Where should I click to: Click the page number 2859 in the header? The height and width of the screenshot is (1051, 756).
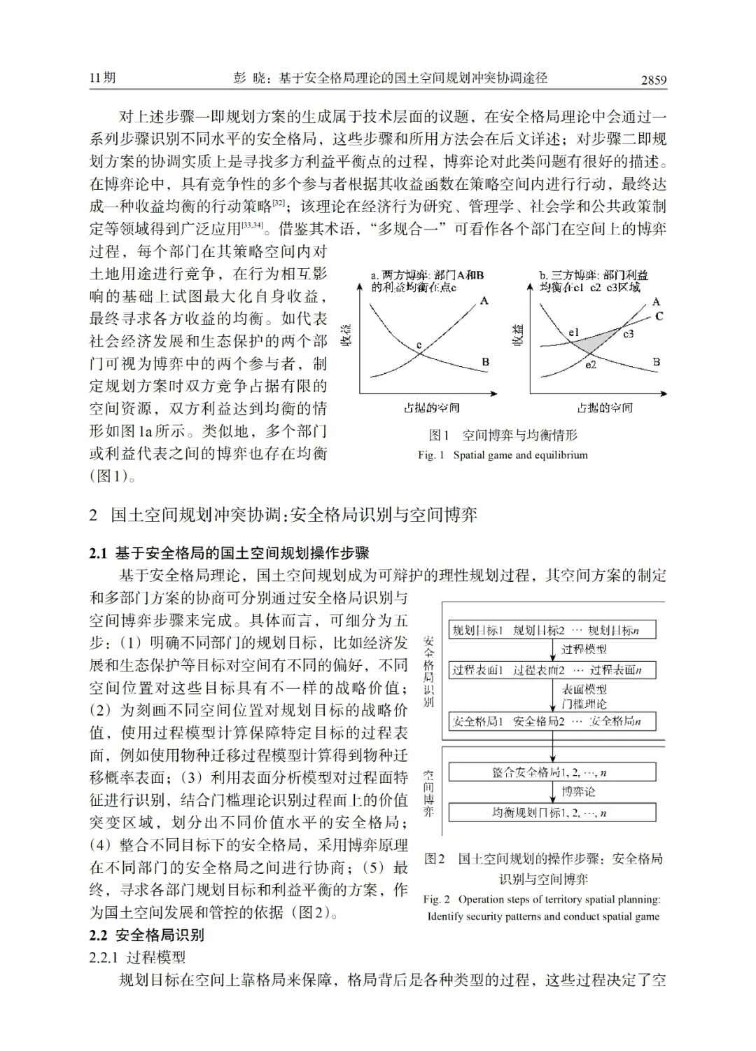point(654,80)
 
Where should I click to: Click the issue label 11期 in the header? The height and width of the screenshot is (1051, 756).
point(102,78)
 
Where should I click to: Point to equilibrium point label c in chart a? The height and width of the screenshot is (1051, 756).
point(419,345)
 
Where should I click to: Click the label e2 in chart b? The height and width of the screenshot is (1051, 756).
point(591,365)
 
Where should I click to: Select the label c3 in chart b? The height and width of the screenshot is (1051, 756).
point(628,333)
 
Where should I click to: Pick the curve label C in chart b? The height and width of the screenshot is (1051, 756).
point(659,316)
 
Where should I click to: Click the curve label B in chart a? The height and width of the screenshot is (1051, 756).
point(485,362)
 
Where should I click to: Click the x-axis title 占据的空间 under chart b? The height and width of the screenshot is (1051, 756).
point(604,408)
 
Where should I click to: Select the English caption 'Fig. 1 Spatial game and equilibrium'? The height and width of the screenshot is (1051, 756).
point(503,455)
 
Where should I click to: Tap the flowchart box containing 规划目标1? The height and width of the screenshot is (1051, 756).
point(552,630)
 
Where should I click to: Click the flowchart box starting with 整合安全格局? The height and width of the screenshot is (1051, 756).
point(552,772)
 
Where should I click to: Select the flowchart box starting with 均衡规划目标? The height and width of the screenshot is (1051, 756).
point(552,812)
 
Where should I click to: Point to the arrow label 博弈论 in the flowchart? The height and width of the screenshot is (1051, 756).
point(579,792)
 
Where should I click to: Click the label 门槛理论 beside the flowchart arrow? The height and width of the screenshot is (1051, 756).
point(584,704)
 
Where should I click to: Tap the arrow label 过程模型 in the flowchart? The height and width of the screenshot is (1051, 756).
point(584,649)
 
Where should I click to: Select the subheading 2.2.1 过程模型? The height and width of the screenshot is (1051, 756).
point(137,956)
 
